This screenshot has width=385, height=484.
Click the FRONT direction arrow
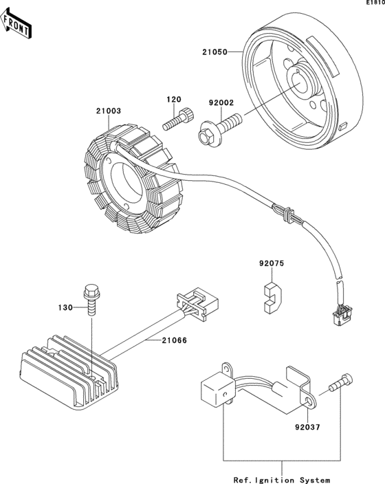(x=16, y=24)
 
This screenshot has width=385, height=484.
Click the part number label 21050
(x=214, y=52)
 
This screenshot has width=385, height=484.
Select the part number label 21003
(x=109, y=111)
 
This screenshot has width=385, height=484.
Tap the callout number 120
(x=174, y=100)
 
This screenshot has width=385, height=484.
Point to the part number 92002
(x=221, y=103)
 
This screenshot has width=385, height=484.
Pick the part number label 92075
(x=272, y=263)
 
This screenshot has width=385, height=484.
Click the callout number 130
(x=65, y=307)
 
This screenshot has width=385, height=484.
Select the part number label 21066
(x=174, y=340)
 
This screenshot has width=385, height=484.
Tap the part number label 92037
(x=307, y=427)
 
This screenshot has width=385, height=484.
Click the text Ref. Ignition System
(x=282, y=480)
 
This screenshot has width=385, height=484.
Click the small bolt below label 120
(x=179, y=119)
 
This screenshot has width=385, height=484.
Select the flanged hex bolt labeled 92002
(x=219, y=129)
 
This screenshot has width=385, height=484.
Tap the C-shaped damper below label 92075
(x=273, y=298)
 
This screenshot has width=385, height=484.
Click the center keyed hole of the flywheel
(x=301, y=82)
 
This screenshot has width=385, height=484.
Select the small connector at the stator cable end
(x=342, y=315)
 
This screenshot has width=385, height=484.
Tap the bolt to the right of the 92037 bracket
(x=341, y=382)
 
